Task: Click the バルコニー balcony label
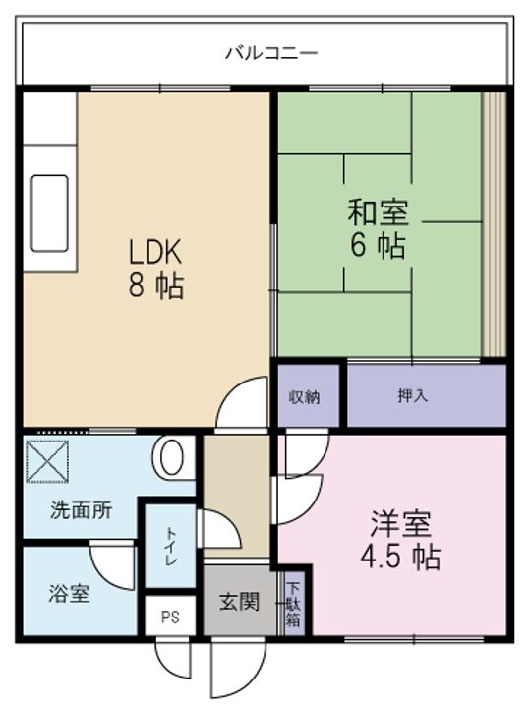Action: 271,53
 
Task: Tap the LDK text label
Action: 155,252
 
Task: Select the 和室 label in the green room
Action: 378,212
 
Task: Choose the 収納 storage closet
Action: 308,395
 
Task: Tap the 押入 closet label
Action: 412,395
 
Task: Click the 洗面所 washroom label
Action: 82,510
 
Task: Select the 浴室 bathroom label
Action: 69,593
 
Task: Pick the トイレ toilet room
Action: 171,547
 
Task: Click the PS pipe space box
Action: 171,616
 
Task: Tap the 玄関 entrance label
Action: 239,602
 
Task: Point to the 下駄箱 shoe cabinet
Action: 293,604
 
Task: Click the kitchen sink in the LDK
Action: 50,213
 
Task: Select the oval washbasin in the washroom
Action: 169,458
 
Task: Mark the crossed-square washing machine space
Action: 47,462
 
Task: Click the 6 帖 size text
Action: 378,246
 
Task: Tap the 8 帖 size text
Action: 155,286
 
